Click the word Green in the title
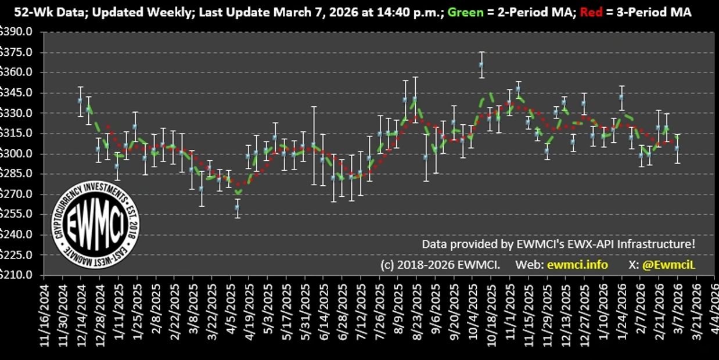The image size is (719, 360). coord(466,12)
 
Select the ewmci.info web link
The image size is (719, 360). coord(577,265)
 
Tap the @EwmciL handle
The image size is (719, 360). coord(668,265)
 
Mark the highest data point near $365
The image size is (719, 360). coord(481,64)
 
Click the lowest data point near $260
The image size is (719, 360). coord(237,207)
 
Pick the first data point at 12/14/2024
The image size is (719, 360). coord(81,100)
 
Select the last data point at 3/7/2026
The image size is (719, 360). coord(677,148)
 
